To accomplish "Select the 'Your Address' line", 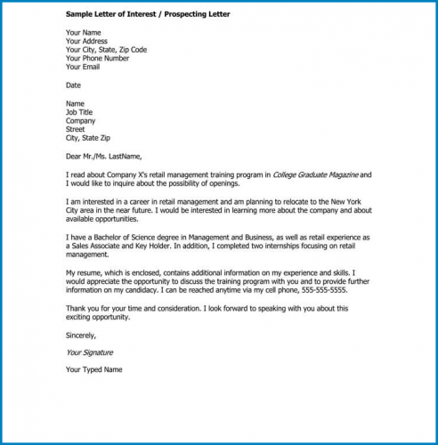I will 86,41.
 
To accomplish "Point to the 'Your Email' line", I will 83,67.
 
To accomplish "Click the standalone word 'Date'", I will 73,85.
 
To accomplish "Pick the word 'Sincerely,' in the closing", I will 82,336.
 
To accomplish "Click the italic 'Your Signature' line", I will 89,352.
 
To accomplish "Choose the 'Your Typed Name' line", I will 94,370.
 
